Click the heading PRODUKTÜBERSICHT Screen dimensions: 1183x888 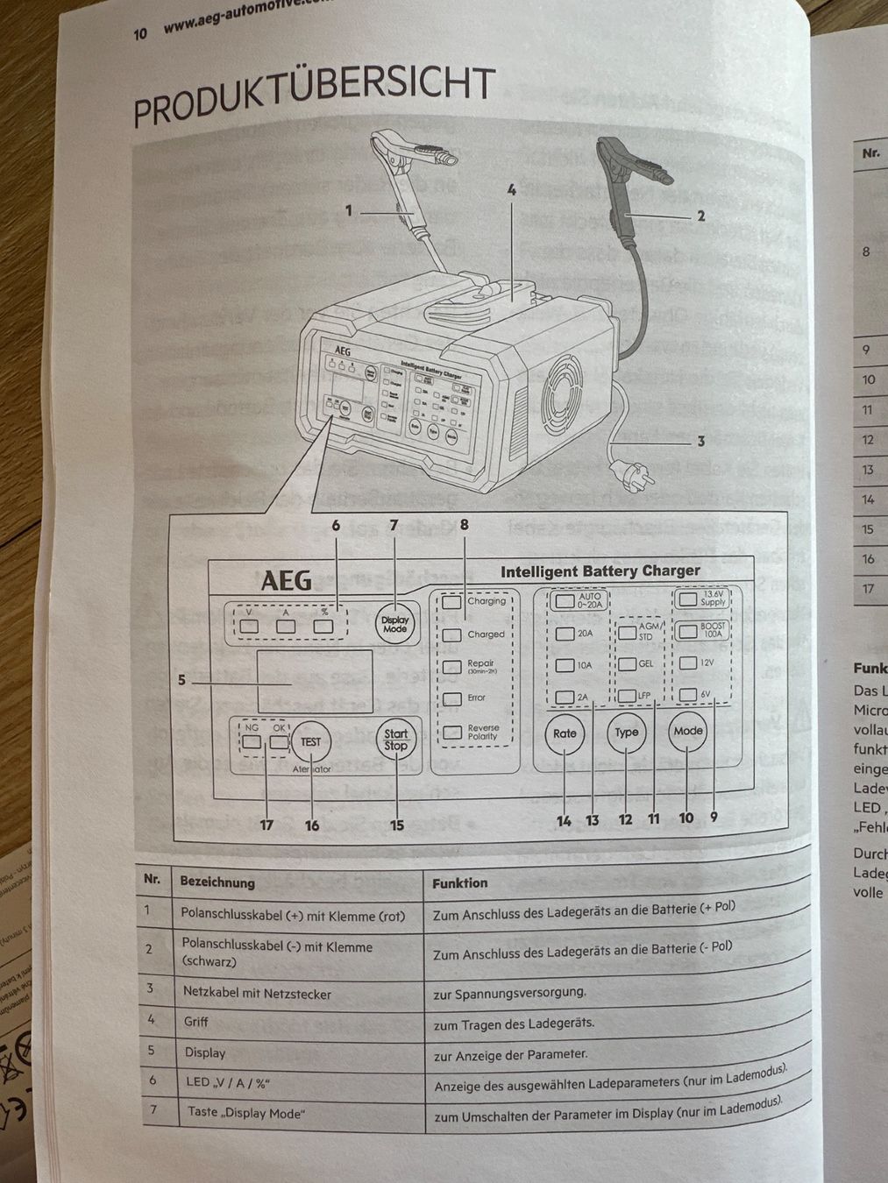click(x=314, y=96)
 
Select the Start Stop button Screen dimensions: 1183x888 click(x=395, y=740)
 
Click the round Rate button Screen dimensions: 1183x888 click(x=565, y=733)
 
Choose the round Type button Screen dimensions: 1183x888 click(x=626, y=733)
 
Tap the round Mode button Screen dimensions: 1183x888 click(x=688, y=731)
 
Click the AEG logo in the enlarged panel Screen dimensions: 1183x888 click(x=286, y=581)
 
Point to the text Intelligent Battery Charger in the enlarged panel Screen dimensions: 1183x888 click(x=600, y=571)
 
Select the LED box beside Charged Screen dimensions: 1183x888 click(x=451, y=634)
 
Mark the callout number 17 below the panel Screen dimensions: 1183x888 click(x=266, y=825)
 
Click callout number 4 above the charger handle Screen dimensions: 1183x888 click(x=511, y=189)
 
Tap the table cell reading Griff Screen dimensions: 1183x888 click(x=196, y=1022)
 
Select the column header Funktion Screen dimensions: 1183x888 click(x=459, y=882)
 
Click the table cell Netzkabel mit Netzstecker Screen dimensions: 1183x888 click(x=257, y=993)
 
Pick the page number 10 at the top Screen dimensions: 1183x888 click(x=140, y=33)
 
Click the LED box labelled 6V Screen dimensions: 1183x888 click(x=688, y=695)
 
